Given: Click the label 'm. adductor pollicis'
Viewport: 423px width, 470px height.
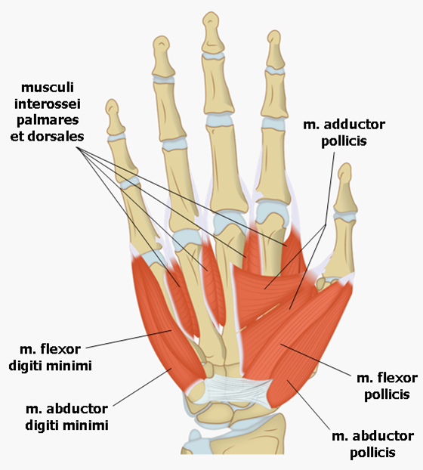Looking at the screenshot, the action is pos(344,133).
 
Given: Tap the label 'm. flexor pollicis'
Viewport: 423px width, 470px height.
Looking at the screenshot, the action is pos(387,386).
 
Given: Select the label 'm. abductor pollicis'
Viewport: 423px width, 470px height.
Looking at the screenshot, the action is pos(372,444).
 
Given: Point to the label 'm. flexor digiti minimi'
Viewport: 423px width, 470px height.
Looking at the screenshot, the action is pos(50,357).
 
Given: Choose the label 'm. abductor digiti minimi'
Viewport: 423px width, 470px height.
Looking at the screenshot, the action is pos(66,416).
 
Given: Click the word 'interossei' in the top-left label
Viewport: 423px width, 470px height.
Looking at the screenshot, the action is pos(48,104).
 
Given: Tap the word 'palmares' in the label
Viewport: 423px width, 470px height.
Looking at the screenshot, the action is pos(48,120).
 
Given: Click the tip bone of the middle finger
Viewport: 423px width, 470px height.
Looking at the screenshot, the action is pos(213,32).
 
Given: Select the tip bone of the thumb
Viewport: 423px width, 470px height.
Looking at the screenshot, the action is pos(345,189).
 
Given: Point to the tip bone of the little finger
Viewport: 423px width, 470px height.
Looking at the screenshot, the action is pos(114,118).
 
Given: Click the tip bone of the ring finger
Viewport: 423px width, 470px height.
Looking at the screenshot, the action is pos(162,56).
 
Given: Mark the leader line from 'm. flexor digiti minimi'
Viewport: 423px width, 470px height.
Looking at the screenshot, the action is pos(129,339).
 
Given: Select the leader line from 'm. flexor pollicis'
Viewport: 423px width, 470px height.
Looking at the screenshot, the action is pos(316,360).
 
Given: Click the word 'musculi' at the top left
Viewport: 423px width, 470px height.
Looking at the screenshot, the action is pos(48,88).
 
